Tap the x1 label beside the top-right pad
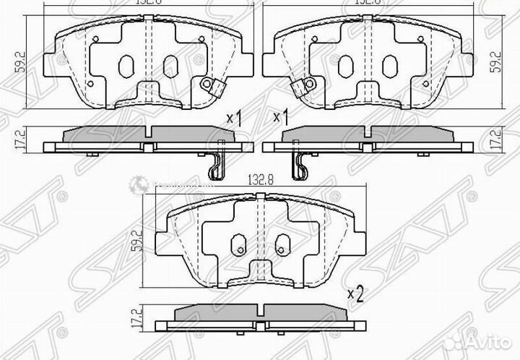pos(280,116)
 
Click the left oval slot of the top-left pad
pos(123,67)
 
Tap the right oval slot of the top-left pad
pos(169,67)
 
